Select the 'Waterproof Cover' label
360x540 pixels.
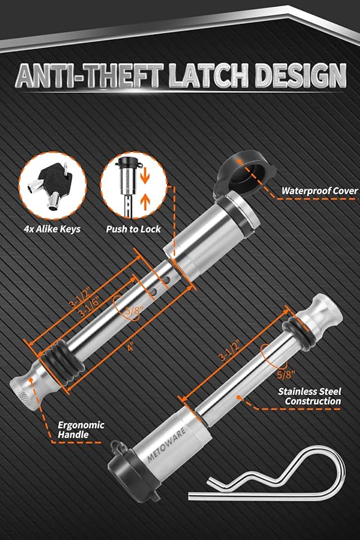319,191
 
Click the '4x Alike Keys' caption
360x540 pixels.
52,229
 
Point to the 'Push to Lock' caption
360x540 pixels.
133,229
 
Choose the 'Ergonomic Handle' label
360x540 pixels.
81,430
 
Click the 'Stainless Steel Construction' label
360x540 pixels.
310,396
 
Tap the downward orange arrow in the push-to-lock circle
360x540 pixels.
146,177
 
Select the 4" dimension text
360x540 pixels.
130,348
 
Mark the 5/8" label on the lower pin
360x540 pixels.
286,374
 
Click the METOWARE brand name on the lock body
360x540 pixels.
166,444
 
